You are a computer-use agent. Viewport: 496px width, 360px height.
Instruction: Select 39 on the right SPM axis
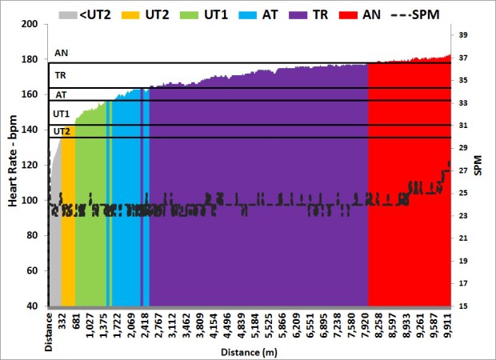[x=463, y=35]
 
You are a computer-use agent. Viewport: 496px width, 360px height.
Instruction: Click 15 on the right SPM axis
[x=463, y=306]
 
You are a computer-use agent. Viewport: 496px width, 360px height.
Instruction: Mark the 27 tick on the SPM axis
[x=463, y=170]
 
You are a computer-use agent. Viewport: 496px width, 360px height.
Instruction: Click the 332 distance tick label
[x=62, y=322]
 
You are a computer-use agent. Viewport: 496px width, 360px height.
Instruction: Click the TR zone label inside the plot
[x=61, y=76]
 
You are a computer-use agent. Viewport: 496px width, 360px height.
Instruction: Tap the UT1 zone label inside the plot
[x=61, y=114]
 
